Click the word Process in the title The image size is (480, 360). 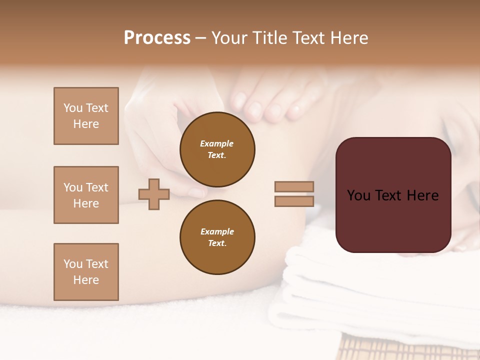pos(157,38)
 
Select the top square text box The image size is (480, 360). pos(86,116)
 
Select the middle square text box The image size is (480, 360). pos(86,195)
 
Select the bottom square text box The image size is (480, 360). pos(86,272)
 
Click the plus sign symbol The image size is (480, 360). pos(154,194)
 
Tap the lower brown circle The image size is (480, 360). pos(217,237)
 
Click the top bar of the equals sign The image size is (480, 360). pos(294,186)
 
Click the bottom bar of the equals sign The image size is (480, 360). pos(294,201)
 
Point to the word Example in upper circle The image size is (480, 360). pos(217,143)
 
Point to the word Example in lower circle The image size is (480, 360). pos(217,231)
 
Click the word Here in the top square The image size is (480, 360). pos(86,124)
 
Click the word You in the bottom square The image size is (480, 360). pos(73,264)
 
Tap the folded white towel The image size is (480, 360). pos(350,295)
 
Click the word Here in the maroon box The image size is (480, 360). pos(423,195)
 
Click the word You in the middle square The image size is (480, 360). pos(73,187)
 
